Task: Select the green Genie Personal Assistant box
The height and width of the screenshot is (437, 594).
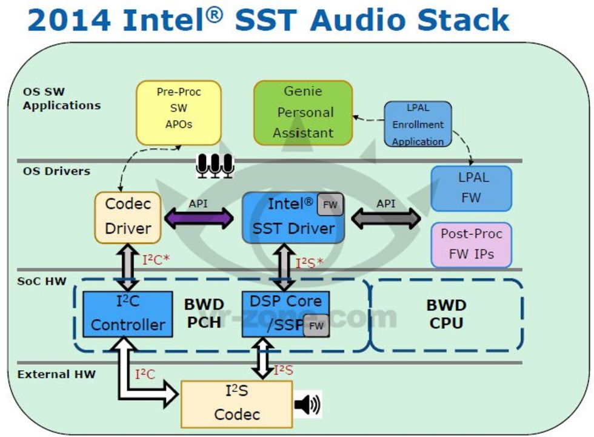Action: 302,112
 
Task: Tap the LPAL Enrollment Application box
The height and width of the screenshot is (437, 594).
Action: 418,124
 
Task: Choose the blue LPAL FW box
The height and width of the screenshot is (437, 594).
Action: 471,189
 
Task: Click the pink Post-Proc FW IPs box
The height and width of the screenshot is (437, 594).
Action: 471,245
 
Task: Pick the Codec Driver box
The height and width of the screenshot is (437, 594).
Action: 127,217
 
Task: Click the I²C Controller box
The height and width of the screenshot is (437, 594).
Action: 127,314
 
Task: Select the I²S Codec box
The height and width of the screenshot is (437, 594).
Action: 236,404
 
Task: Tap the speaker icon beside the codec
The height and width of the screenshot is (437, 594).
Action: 307,404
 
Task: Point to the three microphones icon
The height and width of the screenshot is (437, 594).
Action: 215,165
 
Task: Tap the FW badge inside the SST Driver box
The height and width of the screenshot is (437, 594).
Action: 330,205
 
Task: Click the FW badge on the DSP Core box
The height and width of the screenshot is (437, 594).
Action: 316,326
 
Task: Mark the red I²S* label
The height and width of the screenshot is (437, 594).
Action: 309,263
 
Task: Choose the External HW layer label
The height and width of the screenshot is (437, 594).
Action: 56,374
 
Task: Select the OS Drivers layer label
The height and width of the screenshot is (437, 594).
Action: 56,171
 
